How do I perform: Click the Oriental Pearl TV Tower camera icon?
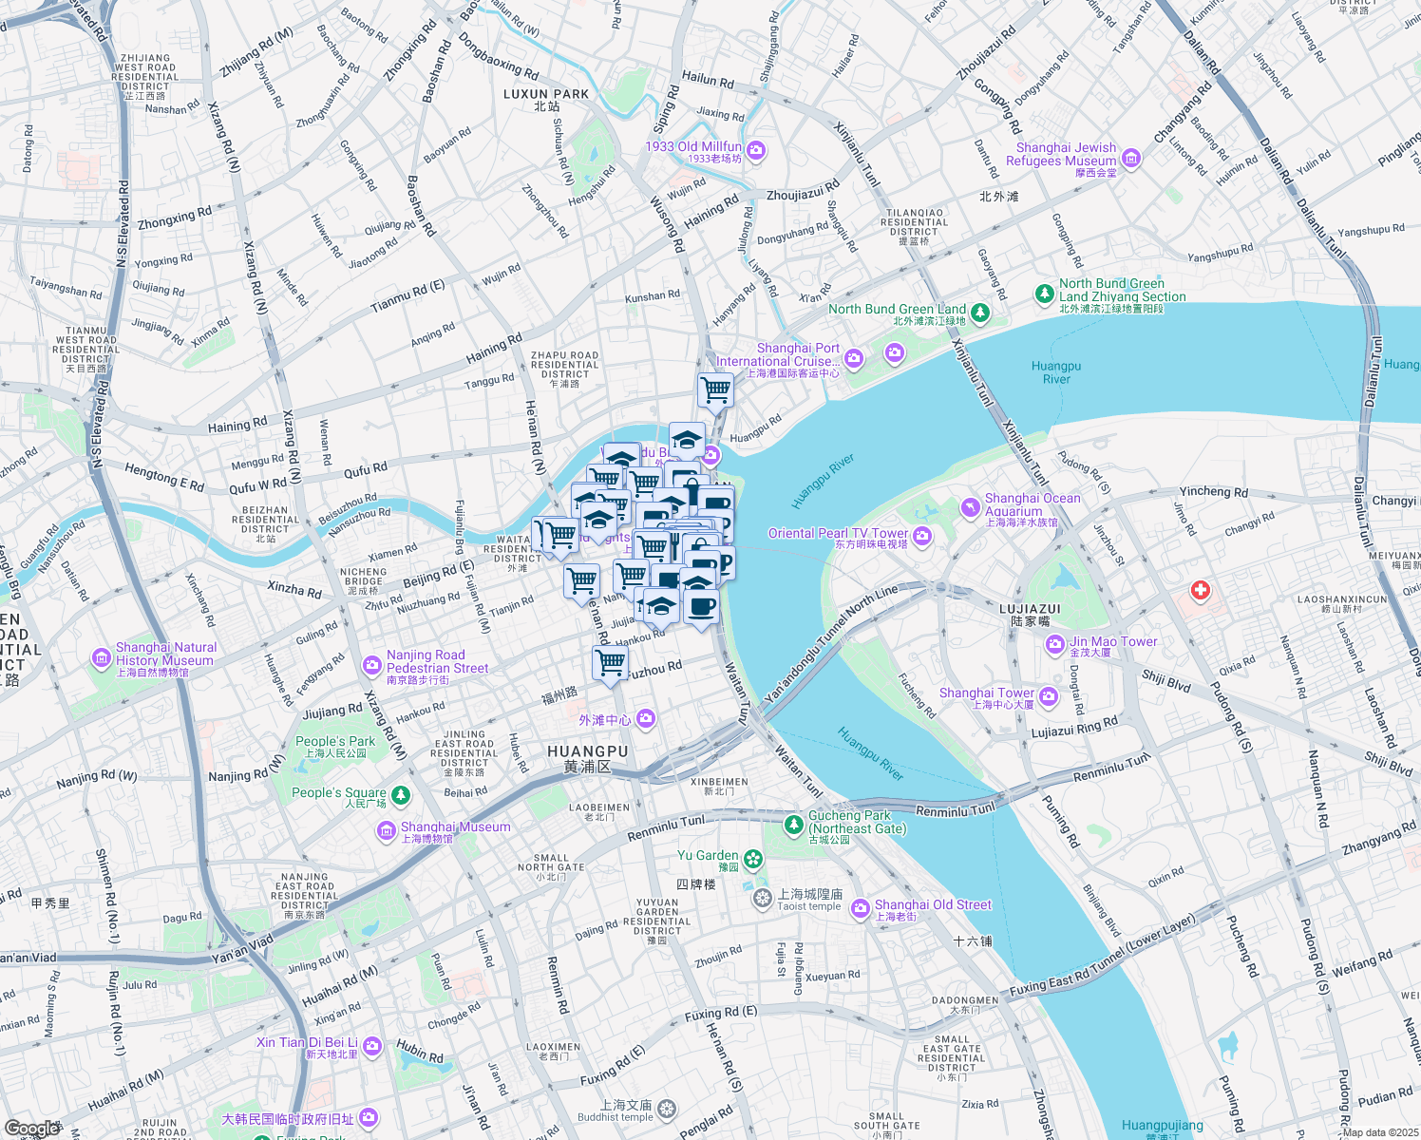(921, 538)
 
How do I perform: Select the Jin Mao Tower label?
(1113, 642)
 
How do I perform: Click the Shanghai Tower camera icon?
(1049, 697)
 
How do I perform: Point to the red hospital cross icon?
(1201, 591)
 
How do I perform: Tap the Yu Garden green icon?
(753, 860)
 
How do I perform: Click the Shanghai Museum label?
(455, 827)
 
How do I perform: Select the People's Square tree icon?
(402, 794)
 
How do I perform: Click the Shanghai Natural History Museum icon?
(101, 657)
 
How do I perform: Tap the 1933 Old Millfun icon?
(756, 150)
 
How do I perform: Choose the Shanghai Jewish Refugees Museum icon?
(1130, 159)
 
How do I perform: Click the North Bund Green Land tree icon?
(980, 312)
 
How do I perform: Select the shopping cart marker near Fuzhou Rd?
(610, 662)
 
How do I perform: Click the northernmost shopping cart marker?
(715, 388)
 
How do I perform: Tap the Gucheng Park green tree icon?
(793, 823)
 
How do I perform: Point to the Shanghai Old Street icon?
(860, 909)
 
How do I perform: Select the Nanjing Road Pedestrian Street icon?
(372, 665)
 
